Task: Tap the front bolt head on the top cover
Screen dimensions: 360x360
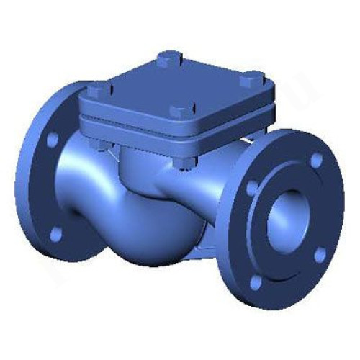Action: click(179, 109)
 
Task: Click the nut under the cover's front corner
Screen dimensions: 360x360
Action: click(183, 163)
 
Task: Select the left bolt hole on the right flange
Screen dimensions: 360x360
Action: click(252, 189)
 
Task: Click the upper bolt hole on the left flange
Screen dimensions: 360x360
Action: click(53, 138)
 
